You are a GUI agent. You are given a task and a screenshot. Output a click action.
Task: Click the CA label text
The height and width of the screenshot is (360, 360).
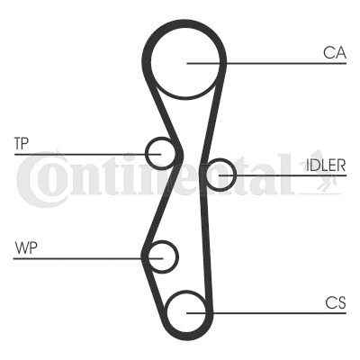click(335, 53)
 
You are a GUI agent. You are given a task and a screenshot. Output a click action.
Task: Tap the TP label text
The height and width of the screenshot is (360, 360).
click(21, 144)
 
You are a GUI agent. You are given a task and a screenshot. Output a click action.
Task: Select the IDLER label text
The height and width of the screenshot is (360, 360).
click(326, 165)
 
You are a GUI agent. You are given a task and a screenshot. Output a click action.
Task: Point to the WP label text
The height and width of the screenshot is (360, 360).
click(26, 247)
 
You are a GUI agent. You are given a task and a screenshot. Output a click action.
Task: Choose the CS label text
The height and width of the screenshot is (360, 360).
click(336, 302)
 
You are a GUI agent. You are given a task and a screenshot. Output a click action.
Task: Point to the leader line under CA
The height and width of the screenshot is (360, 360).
click(266, 63)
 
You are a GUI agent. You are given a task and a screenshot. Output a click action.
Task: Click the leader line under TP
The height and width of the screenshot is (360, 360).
click(87, 154)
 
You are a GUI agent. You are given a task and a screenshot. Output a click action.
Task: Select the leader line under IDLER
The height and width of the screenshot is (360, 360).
click(283, 175)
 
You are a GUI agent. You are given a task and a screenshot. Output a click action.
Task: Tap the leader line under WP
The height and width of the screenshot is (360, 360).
click(88, 258)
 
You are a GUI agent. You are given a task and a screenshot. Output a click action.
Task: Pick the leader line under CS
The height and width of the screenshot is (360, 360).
click(266, 313)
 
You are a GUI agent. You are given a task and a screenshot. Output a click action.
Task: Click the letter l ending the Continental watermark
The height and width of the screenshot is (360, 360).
click(286, 174)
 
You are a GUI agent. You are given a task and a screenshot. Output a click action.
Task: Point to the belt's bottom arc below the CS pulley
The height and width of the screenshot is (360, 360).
click(186, 337)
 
